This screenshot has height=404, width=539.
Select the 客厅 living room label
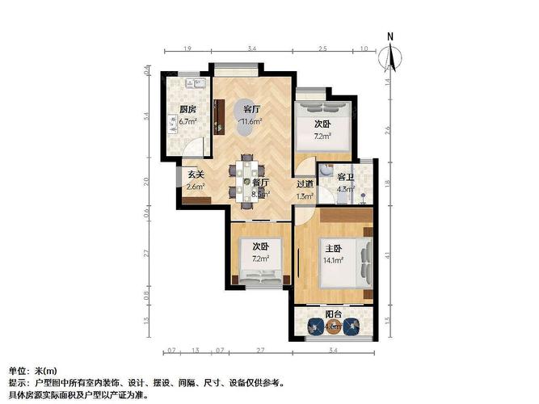[251, 109]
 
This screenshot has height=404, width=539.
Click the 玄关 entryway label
[196, 174]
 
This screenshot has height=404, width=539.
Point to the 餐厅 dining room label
[259, 183]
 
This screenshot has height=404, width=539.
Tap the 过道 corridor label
[305, 184]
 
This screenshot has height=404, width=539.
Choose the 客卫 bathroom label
[346, 177]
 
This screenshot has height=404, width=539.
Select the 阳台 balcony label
[333, 314]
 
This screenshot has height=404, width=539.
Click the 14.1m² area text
[335, 260]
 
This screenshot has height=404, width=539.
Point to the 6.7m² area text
[187, 121]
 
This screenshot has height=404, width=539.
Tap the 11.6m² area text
[251, 122]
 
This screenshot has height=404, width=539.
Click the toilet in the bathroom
[324, 172]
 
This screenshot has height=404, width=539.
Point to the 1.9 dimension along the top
[187, 50]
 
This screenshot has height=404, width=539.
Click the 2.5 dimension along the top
[322, 50]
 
